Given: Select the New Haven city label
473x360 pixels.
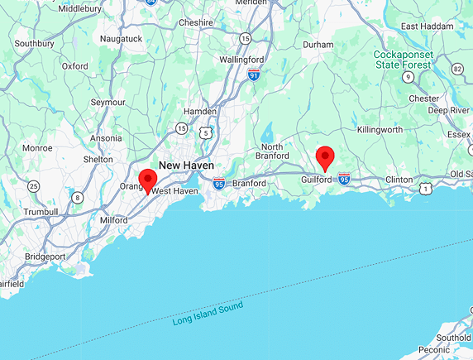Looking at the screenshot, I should [186, 166].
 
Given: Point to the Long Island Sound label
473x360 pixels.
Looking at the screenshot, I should [208, 314].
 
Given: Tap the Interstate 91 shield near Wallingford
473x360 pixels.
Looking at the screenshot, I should [254, 74].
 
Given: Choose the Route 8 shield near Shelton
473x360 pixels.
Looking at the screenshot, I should [77, 197].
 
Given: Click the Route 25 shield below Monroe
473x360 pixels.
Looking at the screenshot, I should [33, 186].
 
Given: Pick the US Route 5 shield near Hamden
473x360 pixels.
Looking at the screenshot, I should [205, 132].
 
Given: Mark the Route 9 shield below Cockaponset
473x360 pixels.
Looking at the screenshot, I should [408, 77].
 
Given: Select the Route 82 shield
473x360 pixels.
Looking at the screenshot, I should [458, 68].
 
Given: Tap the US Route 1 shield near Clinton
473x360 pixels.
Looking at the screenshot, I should [424, 189].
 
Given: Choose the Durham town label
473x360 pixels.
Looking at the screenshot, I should [318, 44].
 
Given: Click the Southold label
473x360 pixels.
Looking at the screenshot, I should [453, 338].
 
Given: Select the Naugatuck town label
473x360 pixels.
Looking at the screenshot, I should [121, 39].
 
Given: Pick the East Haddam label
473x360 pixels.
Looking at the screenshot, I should [428, 26].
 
